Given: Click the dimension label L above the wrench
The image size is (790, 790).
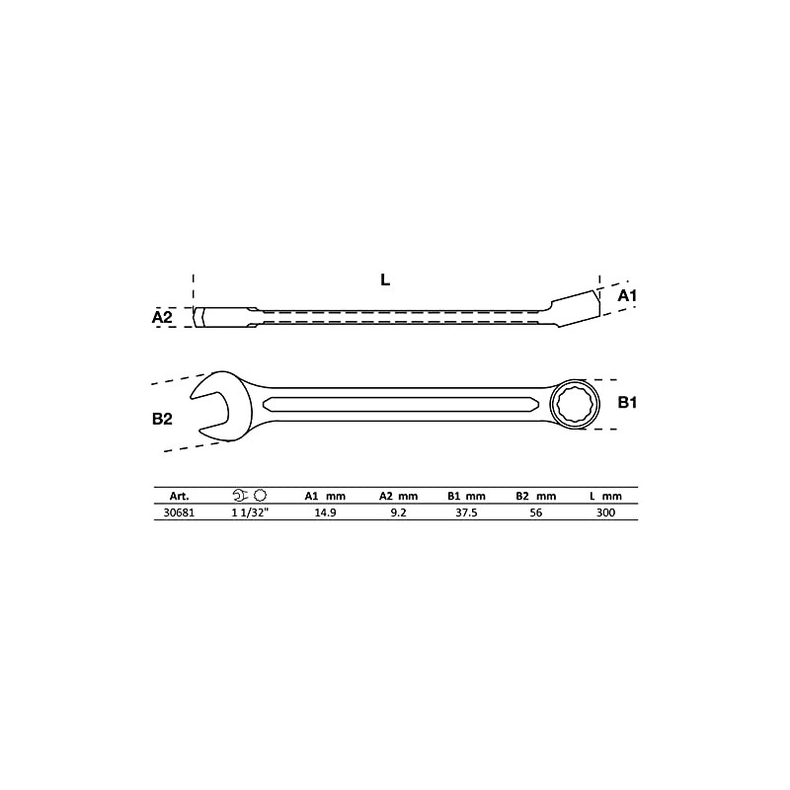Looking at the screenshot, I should (385, 279).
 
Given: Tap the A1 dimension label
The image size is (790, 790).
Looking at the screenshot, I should (628, 295).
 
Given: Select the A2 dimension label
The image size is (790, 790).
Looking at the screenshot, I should (163, 317).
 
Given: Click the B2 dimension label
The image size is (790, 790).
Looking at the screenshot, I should (163, 419).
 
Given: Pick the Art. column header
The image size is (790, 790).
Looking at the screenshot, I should (180, 496).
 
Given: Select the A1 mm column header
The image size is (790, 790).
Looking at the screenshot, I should (324, 496).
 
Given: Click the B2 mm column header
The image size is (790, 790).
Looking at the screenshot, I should (536, 496).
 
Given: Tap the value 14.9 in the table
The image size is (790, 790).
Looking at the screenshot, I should (324, 513).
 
